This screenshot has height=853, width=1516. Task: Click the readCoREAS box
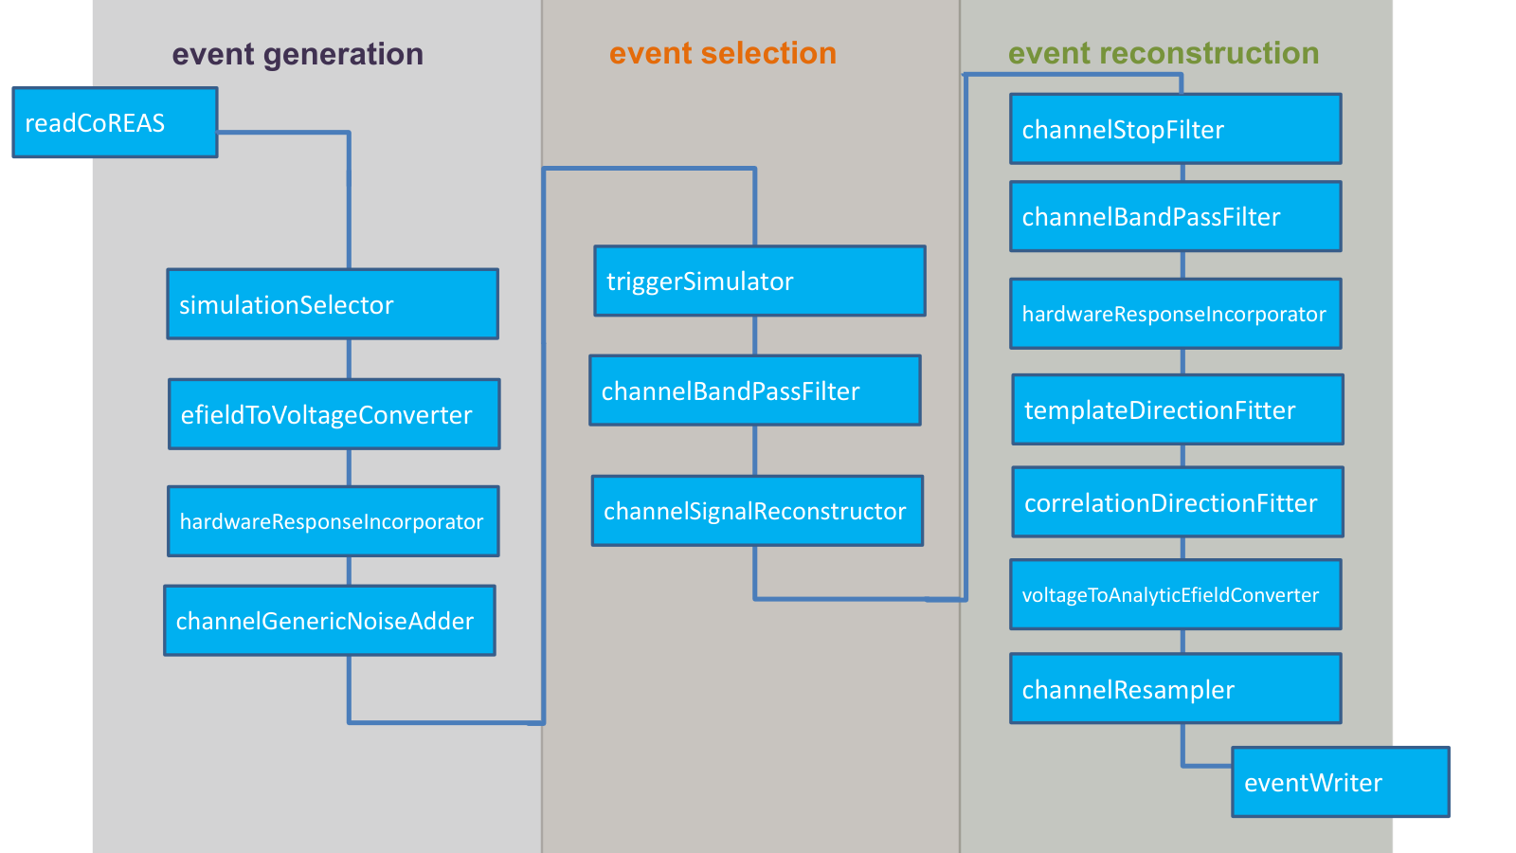115,122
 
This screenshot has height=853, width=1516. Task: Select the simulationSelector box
333,304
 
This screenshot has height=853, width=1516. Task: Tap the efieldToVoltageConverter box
334,414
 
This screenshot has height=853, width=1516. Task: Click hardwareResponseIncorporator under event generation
333,521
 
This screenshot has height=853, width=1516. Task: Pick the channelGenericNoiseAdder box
330,621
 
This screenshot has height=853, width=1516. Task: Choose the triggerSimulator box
760,281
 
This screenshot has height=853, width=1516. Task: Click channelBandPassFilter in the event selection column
755,390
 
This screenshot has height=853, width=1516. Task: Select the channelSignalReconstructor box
758,511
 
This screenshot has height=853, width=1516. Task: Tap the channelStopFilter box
1176,129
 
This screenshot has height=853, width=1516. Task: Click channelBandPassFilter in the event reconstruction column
1176,217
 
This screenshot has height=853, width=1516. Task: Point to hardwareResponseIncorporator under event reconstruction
1176,314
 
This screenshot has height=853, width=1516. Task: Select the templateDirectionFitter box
1178,409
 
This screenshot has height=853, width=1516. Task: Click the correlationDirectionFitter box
1178,502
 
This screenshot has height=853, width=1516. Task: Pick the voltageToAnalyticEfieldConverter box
1176,594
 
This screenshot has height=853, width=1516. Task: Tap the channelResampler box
1176,688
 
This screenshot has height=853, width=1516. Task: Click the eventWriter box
1341,782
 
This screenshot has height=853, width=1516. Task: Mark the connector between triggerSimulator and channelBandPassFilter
755,336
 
